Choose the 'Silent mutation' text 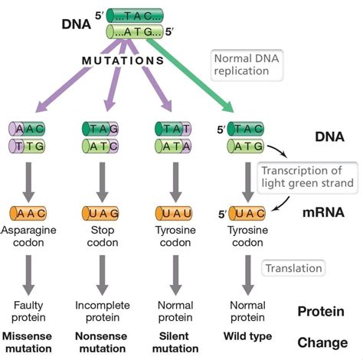(x=175, y=343)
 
